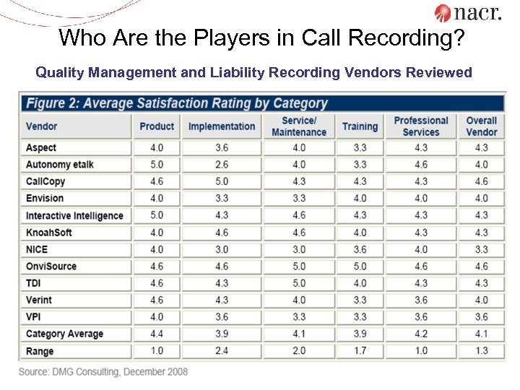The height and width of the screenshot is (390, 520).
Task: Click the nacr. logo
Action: [x=467, y=12]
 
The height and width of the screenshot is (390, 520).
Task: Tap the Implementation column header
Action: [x=222, y=126]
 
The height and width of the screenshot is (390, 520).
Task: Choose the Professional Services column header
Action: [x=421, y=126]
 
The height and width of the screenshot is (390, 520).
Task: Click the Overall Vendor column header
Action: [x=482, y=126]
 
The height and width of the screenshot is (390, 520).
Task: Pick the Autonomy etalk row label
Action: [x=60, y=165]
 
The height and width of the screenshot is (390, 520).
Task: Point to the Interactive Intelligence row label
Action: [x=74, y=215]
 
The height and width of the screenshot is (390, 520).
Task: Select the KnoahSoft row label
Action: [x=49, y=233]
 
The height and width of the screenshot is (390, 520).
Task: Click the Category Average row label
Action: [x=64, y=334]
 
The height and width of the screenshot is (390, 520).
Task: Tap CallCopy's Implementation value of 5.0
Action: [x=222, y=181]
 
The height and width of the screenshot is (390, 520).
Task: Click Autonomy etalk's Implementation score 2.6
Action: [x=222, y=165]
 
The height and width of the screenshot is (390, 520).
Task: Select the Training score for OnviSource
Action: [x=360, y=266]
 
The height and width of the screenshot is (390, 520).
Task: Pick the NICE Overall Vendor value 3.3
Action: [x=482, y=249]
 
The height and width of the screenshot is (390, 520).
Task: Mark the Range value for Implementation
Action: [x=222, y=350]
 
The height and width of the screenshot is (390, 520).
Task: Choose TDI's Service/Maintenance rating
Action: [x=299, y=283]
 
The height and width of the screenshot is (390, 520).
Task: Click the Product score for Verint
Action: [x=157, y=300]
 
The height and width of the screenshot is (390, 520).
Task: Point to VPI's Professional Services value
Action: [x=421, y=316]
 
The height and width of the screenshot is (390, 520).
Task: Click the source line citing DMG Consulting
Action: [x=103, y=371]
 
